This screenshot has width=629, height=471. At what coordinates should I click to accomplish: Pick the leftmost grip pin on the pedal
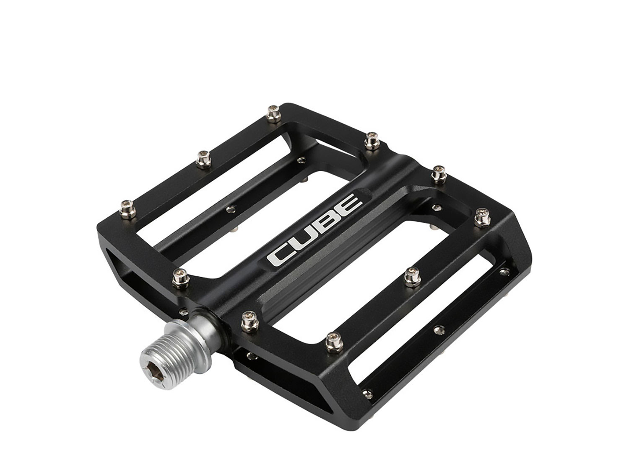[127, 209]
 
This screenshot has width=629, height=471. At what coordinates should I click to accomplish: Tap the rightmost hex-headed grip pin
[483, 218]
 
